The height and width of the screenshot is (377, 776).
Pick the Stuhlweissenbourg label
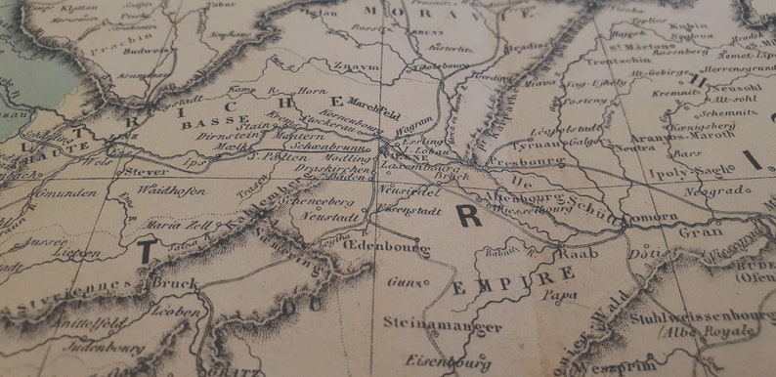pos(701,316)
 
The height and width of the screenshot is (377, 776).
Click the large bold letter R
pos(470,216)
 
